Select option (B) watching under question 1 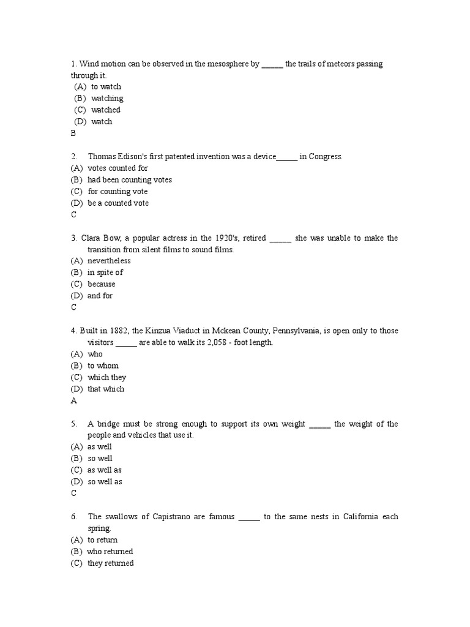(x=107, y=99)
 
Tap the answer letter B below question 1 (x=73, y=133)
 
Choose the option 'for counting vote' (x=117, y=192)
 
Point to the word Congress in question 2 (x=326, y=157)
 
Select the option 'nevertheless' (x=109, y=261)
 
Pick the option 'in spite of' (x=105, y=272)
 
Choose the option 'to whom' (x=103, y=366)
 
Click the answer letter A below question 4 (x=73, y=400)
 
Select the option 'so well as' (x=105, y=482)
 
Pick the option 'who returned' (x=110, y=552)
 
